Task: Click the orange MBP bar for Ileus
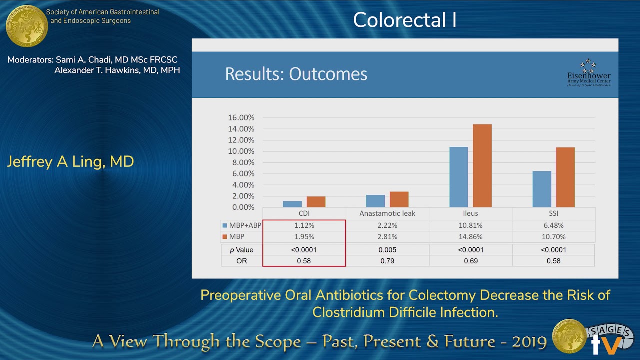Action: pos(482,165)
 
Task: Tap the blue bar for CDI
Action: pos(292,204)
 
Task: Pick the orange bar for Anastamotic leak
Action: pos(399,199)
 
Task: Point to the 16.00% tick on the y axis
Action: pos(241,118)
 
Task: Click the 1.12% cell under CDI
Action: pos(304,225)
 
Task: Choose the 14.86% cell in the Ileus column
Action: pos(470,237)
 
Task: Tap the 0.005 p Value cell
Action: pos(387,250)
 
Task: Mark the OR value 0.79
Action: pos(387,261)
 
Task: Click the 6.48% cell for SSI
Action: pos(553,225)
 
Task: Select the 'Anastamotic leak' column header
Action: pos(387,213)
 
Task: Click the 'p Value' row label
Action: pos(241,250)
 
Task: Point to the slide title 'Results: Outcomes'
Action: pos(296,74)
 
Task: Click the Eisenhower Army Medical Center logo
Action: pos(588,73)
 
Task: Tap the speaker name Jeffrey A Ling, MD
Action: pos(70,162)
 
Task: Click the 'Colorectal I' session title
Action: pos(404,20)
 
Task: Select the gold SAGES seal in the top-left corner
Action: pos(26,26)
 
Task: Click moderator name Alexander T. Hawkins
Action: pos(117,70)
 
